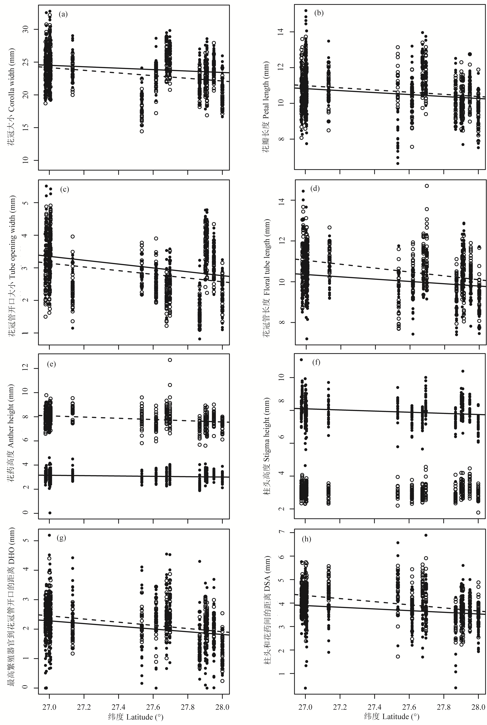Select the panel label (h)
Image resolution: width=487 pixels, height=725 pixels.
(x=307, y=539)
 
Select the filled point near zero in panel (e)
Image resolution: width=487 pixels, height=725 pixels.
(x=50, y=513)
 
